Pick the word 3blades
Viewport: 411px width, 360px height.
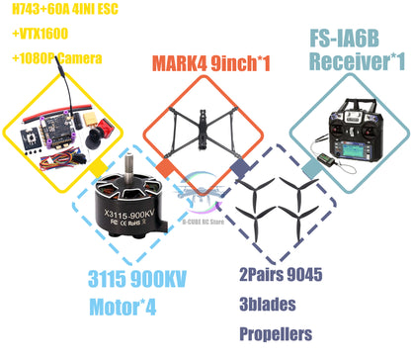coord(266,306)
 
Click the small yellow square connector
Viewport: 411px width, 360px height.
coord(97,170)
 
